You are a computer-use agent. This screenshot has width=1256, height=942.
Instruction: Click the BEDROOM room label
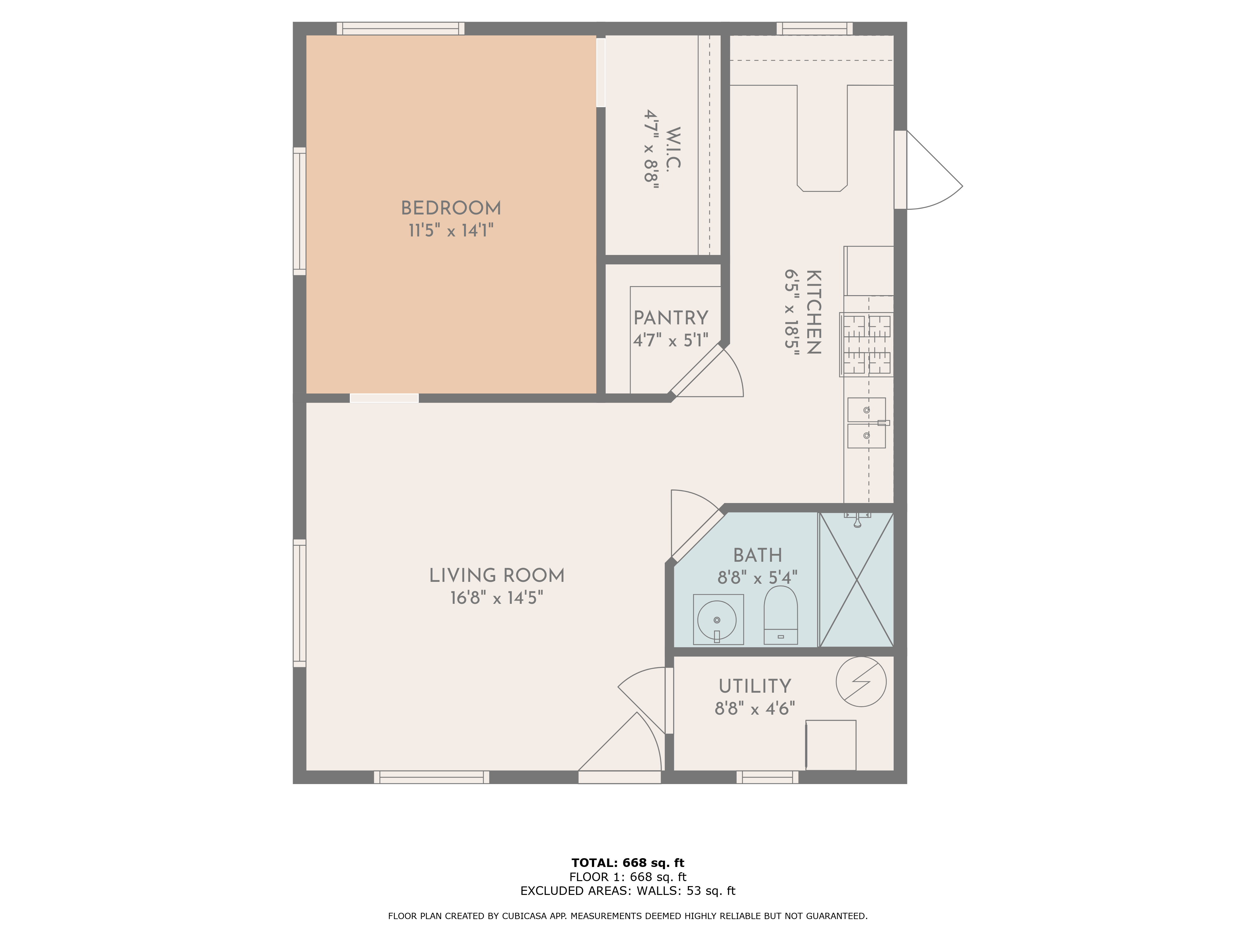pyautogui.click(x=451, y=208)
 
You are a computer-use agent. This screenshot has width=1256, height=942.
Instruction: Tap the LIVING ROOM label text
pyautogui.click(x=497, y=576)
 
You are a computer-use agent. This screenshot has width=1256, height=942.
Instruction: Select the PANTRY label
pyautogui.click(x=671, y=318)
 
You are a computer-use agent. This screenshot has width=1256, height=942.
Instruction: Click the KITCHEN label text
pyautogui.click(x=814, y=312)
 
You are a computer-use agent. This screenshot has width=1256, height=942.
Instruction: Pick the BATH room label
pyautogui.click(x=757, y=555)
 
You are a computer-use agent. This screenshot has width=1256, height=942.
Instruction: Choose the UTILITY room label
pyautogui.click(x=755, y=686)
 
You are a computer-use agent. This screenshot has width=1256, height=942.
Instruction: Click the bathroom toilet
pyautogui.click(x=781, y=615)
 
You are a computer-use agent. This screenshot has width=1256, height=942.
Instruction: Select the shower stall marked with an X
pyautogui.click(x=857, y=580)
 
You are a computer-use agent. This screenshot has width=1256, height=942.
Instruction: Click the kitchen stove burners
pyautogui.click(x=866, y=345)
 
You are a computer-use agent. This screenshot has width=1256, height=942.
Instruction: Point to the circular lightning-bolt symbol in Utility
pyautogui.click(x=861, y=682)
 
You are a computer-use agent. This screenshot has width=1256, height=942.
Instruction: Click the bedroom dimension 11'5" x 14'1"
pyautogui.click(x=451, y=230)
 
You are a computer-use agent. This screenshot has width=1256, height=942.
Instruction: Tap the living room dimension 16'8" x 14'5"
pyautogui.click(x=497, y=598)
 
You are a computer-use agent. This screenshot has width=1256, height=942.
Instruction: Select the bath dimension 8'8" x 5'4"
pyautogui.click(x=757, y=578)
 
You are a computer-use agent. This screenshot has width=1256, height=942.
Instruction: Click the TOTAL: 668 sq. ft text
pyautogui.click(x=628, y=863)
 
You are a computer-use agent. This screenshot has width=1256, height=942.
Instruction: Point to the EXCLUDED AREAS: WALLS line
pyautogui.click(x=628, y=891)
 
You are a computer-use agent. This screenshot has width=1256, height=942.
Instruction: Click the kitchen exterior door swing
pyautogui.click(x=934, y=170)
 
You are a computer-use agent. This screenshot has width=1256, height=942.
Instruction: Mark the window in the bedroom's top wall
pyautogui.click(x=400, y=28)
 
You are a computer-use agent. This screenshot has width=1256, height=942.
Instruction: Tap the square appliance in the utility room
pyautogui.click(x=831, y=745)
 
